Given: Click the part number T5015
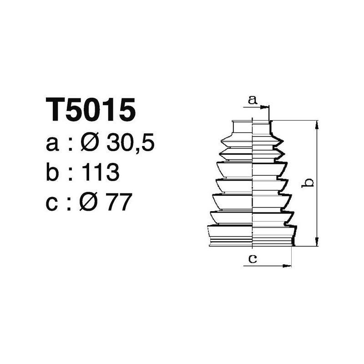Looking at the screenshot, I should click(91, 110).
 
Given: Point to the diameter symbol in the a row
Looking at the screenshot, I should click(91, 144).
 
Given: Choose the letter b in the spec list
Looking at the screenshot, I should click(53, 173).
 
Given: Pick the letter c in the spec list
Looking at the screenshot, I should click(52, 203).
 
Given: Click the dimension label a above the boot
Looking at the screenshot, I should click(253, 99).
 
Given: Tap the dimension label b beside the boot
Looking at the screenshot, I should click(308, 183).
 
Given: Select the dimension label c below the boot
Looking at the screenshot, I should click(253, 259).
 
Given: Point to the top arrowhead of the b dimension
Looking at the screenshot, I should click(317, 124).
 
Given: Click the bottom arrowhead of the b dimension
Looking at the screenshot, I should click(317, 243).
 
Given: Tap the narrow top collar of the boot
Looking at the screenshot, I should click(252, 127).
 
